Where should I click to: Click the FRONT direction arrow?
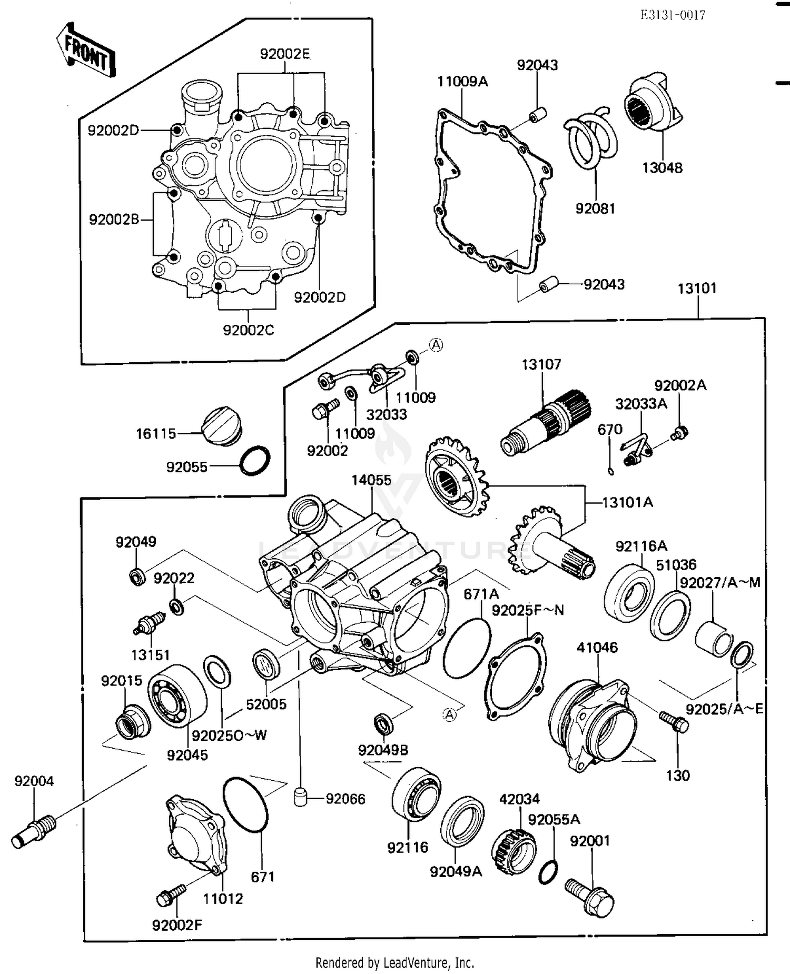85,51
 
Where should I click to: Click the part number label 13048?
662,168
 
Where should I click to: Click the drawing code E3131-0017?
673,15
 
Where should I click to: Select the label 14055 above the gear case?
371,480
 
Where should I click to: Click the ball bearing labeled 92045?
176,695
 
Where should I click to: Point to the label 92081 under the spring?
595,208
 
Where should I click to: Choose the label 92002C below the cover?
249,330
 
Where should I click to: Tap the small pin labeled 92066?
300,798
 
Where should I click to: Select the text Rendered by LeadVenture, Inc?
394,963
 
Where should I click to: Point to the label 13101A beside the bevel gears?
627,502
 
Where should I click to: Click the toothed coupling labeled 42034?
509,851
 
